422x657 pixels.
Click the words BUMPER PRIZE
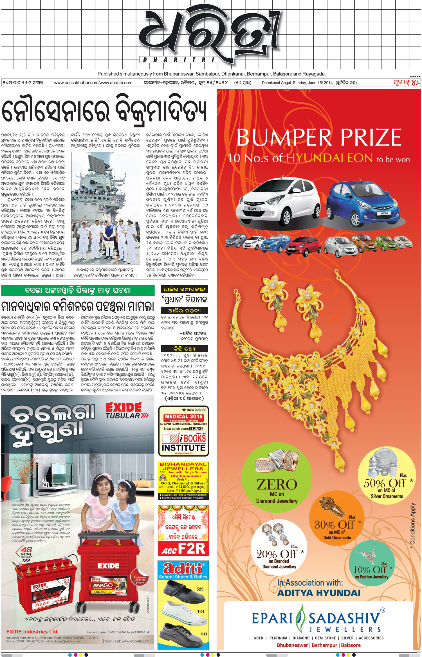point(318,138)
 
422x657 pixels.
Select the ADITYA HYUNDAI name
point(319,593)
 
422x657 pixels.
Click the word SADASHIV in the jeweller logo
point(344,619)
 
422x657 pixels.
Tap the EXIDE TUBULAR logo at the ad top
point(127,411)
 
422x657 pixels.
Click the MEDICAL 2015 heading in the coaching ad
point(183,416)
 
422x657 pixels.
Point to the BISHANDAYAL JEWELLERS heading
point(183,466)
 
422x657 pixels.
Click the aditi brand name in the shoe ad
point(182,568)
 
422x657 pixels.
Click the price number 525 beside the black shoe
point(200,589)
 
